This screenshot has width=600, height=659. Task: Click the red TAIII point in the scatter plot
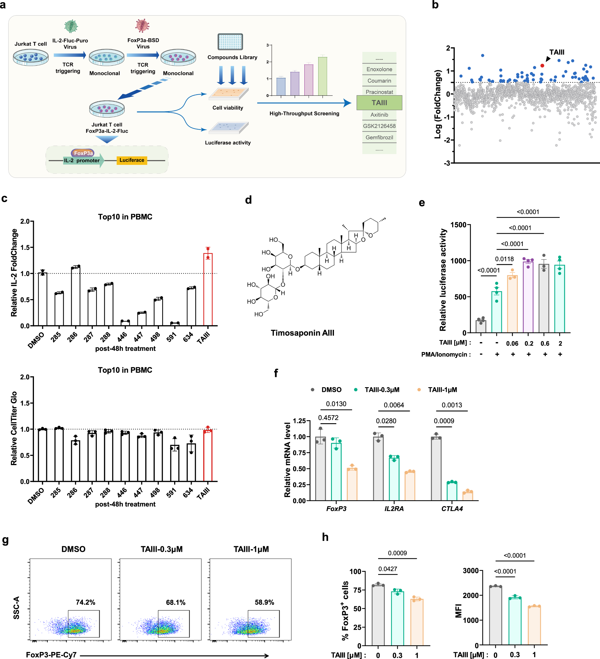(x=542, y=66)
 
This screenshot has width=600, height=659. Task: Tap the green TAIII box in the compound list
(x=379, y=103)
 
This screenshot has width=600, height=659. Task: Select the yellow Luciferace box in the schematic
(x=132, y=160)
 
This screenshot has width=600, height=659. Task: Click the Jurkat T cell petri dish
(x=31, y=57)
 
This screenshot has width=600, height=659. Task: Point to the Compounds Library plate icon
(x=230, y=42)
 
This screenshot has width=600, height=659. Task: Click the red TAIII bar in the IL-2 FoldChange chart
(x=208, y=289)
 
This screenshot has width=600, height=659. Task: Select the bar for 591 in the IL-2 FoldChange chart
(x=175, y=324)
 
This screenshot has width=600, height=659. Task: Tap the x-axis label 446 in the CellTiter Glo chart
(x=122, y=491)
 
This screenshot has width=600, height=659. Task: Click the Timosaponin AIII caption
(x=302, y=333)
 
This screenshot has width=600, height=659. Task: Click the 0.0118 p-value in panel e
(x=504, y=259)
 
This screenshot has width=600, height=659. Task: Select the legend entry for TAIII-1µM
(x=442, y=390)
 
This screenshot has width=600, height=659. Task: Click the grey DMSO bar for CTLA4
(x=436, y=468)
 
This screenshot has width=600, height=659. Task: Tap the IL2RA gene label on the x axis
(x=394, y=509)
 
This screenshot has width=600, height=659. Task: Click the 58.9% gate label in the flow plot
(x=264, y=602)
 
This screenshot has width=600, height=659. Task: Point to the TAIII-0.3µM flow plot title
(x=162, y=549)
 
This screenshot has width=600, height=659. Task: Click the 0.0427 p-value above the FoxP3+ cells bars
(x=388, y=569)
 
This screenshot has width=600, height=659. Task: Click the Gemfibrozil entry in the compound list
(x=379, y=137)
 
